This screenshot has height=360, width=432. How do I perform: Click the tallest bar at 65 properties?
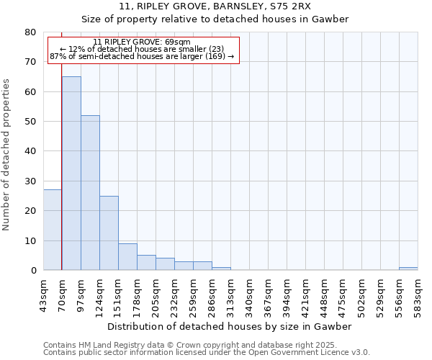(71, 173)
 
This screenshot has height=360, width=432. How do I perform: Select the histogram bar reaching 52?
(90, 192)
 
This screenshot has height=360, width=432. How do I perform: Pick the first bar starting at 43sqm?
(53, 230)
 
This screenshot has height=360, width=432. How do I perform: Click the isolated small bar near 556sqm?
(408, 269)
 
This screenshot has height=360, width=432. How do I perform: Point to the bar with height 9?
(127, 256)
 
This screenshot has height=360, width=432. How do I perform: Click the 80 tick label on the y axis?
(30, 32)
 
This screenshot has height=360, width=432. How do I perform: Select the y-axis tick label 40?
(30, 151)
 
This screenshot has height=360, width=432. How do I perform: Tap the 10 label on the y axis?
(30, 240)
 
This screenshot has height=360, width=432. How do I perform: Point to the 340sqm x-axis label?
(250, 293)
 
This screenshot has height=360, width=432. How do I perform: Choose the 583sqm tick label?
(418, 293)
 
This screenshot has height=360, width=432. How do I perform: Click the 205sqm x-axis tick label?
(156, 293)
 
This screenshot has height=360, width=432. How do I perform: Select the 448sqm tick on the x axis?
(325, 293)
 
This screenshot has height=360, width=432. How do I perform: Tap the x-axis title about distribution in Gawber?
(230, 326)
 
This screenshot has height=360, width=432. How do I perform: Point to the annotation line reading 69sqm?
(142, 42)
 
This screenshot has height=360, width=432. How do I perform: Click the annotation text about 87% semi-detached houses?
(142, 56)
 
